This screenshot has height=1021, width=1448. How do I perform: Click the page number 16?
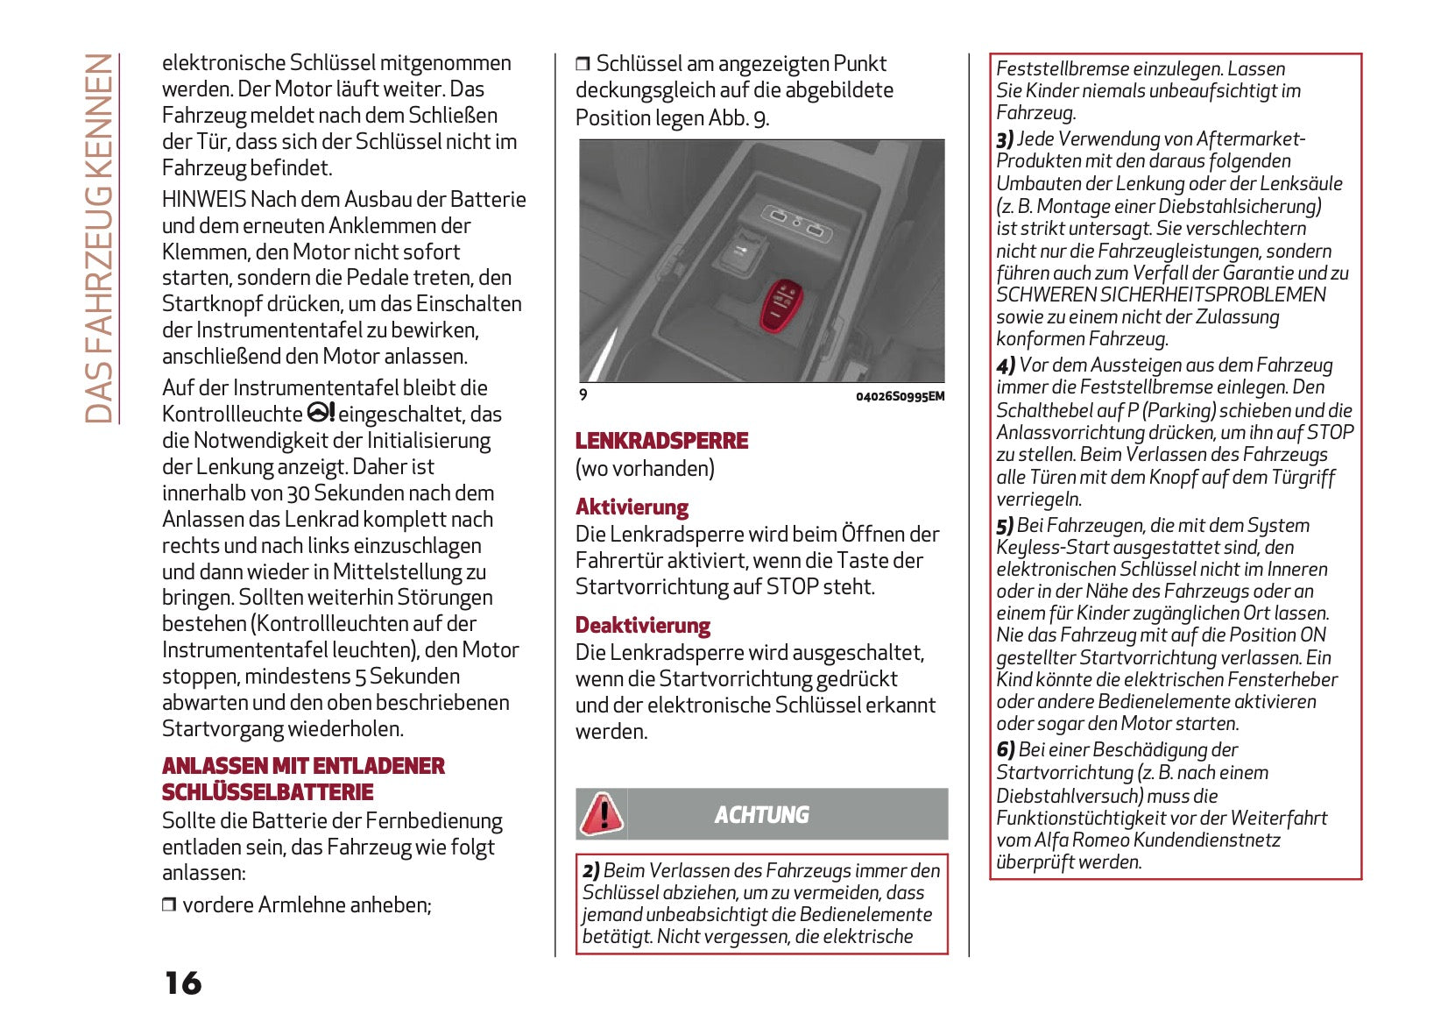pos(183,982)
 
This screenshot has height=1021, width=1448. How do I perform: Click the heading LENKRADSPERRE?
pos(661,441)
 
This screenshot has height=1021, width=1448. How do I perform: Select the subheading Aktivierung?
pos(632,507)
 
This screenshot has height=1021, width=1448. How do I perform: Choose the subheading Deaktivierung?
pos(642,626)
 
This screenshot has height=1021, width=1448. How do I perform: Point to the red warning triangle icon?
pos(602,813)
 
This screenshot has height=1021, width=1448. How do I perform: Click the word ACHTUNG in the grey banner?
pos(761,815)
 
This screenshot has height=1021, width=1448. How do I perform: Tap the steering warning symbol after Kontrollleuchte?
pos(321,413)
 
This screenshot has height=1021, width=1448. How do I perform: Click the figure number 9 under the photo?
pos(583,395)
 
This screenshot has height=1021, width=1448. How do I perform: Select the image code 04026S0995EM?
pos(900,396)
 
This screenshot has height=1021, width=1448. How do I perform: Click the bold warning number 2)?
pos(591,870)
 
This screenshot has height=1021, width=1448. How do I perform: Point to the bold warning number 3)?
pos(1005,139)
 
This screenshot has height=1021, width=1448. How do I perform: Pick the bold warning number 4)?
pos(1006,365)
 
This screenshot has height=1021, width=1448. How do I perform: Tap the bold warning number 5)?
pos(1005,526)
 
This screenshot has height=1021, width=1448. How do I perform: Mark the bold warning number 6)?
pos(1006,750)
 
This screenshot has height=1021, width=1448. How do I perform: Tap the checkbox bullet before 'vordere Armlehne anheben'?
pos(169,904)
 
